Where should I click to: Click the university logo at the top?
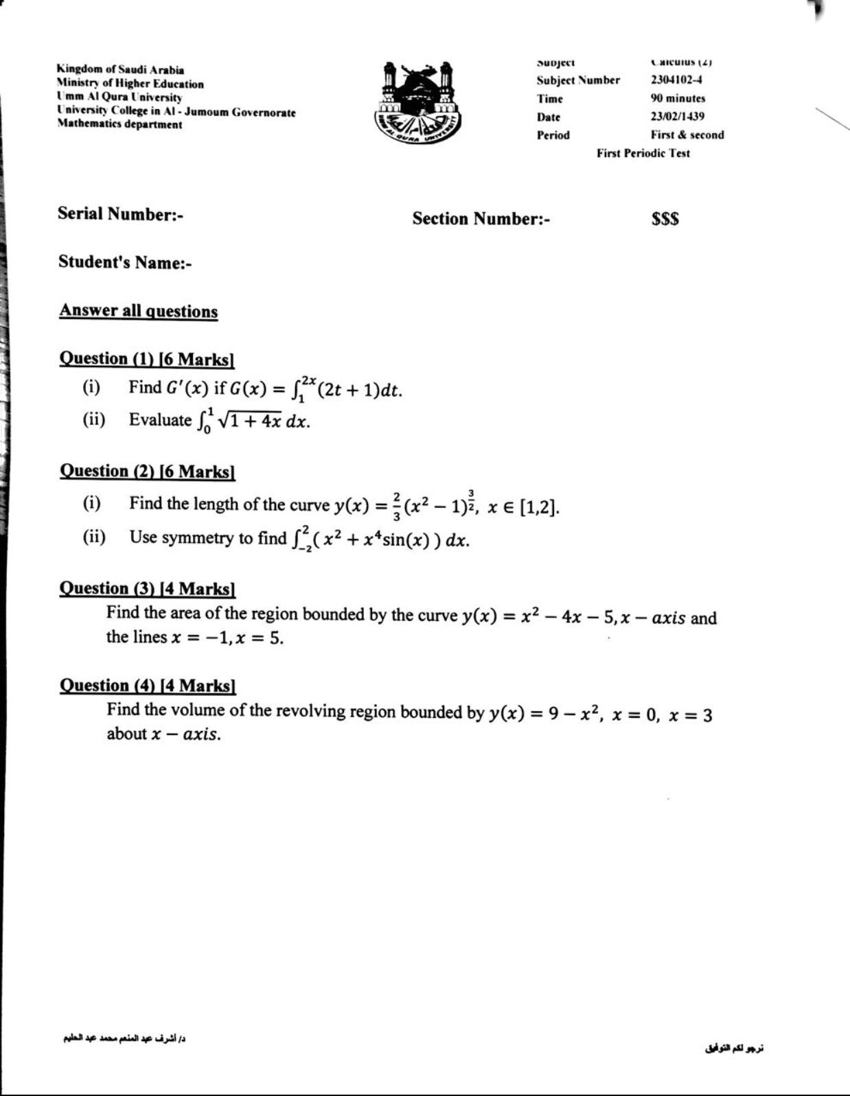(419, 101)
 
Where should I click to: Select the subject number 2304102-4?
(676, 80)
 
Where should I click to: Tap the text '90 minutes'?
(678, 98)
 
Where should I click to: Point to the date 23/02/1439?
(677, 117)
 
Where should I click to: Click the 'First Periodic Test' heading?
(643, 153)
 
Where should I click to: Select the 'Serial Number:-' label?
(120, 214)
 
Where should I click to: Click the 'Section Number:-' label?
(481, 219)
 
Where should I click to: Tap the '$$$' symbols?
(665, 219)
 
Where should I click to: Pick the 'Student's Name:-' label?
(124, 262)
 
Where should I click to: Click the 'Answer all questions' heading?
(138, 311)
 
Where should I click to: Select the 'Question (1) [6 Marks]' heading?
(147, 359)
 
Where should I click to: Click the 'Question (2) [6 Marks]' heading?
(147, 471)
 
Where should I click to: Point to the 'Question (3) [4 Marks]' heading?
(147, 589)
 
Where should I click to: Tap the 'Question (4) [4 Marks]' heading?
(147, 686)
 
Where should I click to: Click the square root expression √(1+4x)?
(249, 421)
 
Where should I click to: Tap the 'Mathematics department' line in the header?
(119, 124)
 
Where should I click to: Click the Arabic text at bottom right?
(733, 1049)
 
